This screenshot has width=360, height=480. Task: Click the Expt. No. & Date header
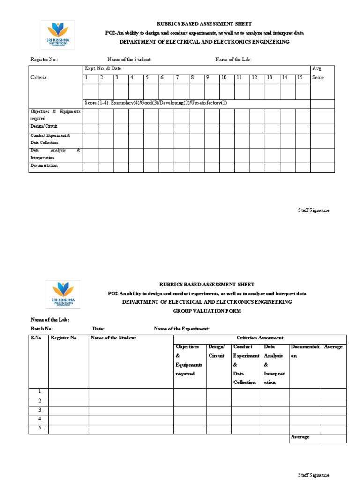(x=103, y=68)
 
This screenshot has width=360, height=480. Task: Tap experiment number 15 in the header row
(x=299, y=77)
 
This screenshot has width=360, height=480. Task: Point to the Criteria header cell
(x=38, y=78)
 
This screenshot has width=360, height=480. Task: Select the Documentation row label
(x=44, y=166)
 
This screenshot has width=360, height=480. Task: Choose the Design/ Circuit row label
(x=43, y=127)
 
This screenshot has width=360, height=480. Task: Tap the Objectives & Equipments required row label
(x=55, y=115)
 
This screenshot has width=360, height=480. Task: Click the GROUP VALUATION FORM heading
(x=207, y=311)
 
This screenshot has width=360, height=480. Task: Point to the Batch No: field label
(x=42, y=329)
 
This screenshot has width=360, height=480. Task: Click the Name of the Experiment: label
(x=181, y=329)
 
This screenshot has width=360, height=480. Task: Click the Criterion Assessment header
(x=260, y=338)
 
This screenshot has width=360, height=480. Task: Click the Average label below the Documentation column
(x=300, y=437)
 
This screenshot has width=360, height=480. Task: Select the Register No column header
(x=63, y=338)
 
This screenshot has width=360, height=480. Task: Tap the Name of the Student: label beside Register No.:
(x=129, y=60)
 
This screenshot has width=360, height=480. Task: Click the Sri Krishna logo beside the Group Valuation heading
(x=63, y=294)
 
